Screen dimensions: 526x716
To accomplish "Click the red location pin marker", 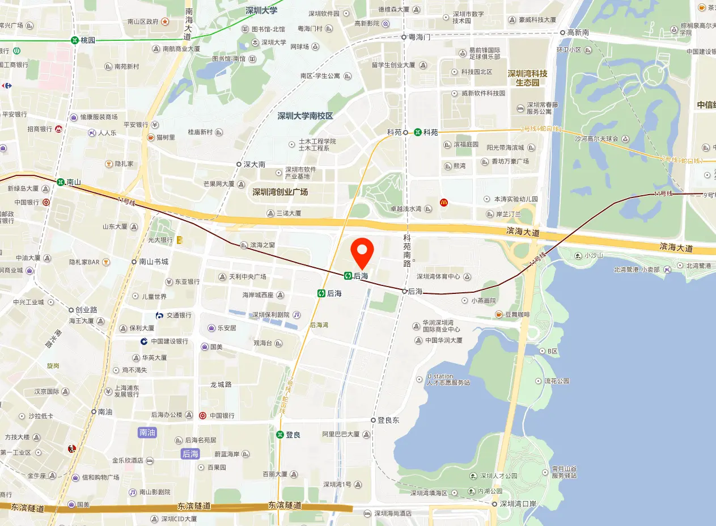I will tap(363, 253).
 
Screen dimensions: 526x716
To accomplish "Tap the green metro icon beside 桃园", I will tap(75, 40).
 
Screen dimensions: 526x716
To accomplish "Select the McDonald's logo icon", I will tap(444, 202).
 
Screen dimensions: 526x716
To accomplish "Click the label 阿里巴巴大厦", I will tap(341, 434).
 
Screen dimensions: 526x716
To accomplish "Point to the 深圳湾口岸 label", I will tap(518, 503).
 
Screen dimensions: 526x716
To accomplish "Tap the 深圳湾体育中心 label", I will tap(438, 277).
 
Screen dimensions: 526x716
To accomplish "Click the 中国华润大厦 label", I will tap(443, 340).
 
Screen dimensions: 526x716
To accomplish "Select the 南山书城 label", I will tap(154, 262).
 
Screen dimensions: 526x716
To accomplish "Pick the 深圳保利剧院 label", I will tap(271, 314).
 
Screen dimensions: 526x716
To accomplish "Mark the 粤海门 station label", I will tap(420, 36).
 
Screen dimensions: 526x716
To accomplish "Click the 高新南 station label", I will tap(578, 33).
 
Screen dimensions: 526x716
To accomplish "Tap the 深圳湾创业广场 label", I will tap(280, 192).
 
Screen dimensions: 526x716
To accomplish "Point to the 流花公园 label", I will tap(557, 381).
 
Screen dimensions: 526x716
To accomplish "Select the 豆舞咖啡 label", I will tap(517, 314).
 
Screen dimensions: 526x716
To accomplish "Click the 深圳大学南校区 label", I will tap(305, 116).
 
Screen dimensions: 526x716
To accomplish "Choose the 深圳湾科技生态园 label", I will tap(527, 78).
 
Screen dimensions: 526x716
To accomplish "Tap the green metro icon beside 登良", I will tap(280, 435).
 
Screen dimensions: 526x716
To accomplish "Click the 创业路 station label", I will tap(87, 310).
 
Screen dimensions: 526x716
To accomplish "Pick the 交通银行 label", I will tap(179, 315).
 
